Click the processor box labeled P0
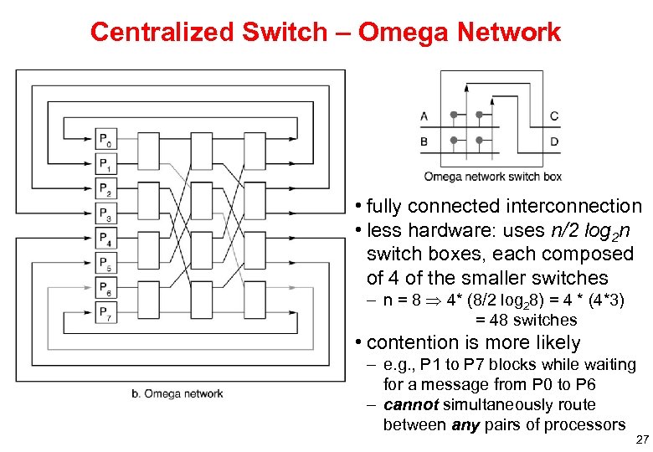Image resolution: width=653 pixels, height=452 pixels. pos(105,139)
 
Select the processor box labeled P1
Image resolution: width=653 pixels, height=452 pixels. pos(105,164)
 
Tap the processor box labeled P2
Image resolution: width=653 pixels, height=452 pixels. pos(105,189)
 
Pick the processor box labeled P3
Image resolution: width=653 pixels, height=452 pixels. pos(105,214)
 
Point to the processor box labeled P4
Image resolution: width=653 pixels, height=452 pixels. pos(105,239)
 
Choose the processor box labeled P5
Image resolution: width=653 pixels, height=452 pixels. pos(105,265)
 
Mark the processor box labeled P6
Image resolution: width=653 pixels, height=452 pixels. pos(105,290)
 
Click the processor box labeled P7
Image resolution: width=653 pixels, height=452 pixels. pos(105,315)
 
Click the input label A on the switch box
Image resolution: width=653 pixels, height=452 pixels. pos(424,116)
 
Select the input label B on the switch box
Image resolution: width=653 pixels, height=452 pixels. pos(424,141)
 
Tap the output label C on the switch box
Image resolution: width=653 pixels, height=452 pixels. pos(554,116)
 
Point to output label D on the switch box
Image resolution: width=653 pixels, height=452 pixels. pos(554,141)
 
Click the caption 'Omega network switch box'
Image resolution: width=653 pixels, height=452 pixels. pos(492,177)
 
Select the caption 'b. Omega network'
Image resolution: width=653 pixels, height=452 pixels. pos(177,393)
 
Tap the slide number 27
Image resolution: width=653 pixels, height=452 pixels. pos(642,439)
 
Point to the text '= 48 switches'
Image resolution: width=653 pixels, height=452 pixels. pos(526,321)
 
